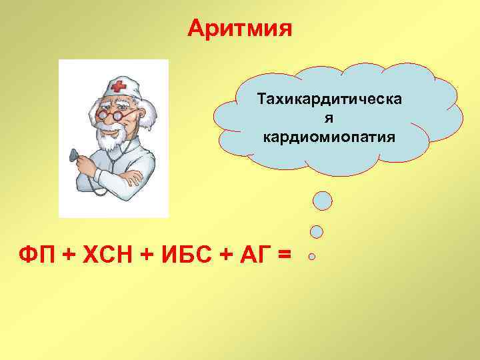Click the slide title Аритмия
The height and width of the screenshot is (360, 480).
[239, 28]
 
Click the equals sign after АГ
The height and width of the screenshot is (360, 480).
[284, 255]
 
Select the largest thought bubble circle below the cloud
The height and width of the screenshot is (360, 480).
[323, 200]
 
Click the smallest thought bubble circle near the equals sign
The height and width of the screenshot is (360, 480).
[311, 255]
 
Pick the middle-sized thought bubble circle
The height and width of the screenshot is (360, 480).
[317, 231]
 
